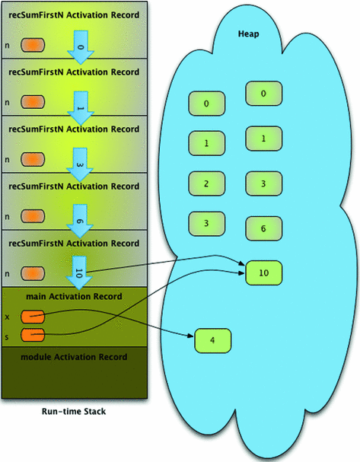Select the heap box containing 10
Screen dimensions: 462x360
(263, 272)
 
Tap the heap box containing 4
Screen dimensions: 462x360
(212, 340)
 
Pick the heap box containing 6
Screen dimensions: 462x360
(263, 228)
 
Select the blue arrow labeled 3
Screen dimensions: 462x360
(79, 161)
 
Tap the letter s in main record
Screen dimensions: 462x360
(8, 335)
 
